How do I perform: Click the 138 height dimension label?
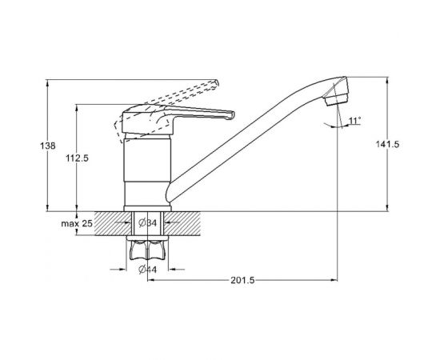(x=48, y=146)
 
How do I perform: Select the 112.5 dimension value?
(x=77, y=158)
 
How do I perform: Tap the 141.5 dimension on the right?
(x=387, y=144)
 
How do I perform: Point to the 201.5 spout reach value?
(x=242, y=280)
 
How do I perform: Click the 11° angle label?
(x=355, y=121)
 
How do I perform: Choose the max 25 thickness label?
(x=77, y=224)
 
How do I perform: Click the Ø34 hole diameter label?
(x=148, y=222)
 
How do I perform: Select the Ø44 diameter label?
(x=148, y=270)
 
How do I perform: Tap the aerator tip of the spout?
(x=336, y=99)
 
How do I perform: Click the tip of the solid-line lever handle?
(x=232, y=114)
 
